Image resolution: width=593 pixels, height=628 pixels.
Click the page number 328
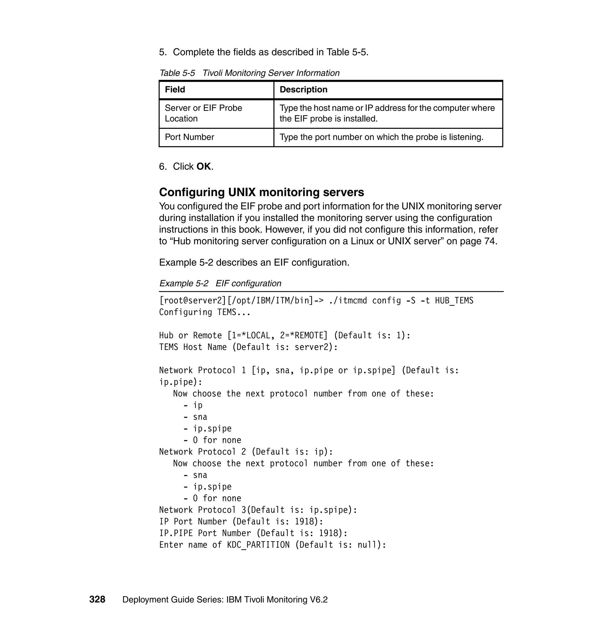coord(97,599)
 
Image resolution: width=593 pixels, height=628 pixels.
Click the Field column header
coord(175,90)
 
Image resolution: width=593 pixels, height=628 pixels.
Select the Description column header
coord(303,90)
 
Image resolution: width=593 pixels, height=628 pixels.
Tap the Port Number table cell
coord(189,137)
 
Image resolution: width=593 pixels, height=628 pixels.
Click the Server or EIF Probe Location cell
coord(203,113)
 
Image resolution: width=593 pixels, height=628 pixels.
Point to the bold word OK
coord(204,166)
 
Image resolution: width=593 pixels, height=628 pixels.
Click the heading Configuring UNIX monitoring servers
coord(261,192)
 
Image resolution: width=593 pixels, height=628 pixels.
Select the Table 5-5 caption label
coord(177,73)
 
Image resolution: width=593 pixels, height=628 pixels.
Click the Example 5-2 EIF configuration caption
coord(220,283)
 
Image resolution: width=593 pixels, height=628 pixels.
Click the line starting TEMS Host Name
coord(248,347)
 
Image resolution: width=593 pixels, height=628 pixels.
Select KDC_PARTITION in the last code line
coord(258,545)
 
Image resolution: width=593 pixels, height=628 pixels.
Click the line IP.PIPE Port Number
coord(253,533)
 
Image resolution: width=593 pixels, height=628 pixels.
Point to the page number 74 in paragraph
coord(490,241)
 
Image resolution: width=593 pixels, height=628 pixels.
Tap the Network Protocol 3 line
coord(258,510)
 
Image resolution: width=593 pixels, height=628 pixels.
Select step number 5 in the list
coord(162,52)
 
